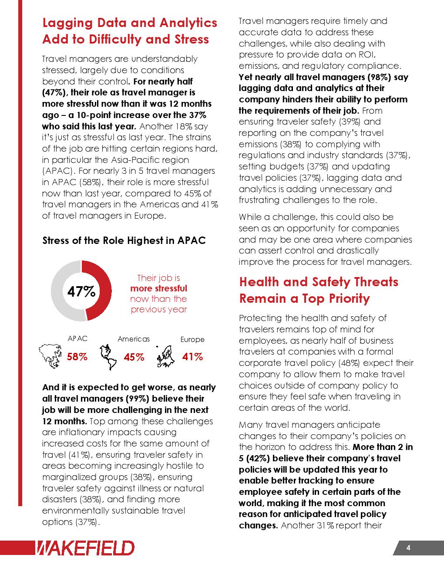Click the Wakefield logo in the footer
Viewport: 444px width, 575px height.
[x=85, y=548]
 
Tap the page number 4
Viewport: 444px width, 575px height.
[x=408, y=548]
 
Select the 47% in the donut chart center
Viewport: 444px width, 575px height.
[x=81, y=291]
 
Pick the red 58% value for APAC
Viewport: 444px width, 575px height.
[x=77, y=357]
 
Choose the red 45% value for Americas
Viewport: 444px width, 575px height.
[x=134, y=357]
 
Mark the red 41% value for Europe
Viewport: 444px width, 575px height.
[x=192, y=357]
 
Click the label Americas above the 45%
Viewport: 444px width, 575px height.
[x=134, y=339]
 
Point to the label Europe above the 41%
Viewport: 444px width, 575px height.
[x=192, y=339]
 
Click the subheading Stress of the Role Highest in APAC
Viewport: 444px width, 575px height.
[x=124, y=241]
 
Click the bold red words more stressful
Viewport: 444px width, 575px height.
[x=158, y=288]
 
